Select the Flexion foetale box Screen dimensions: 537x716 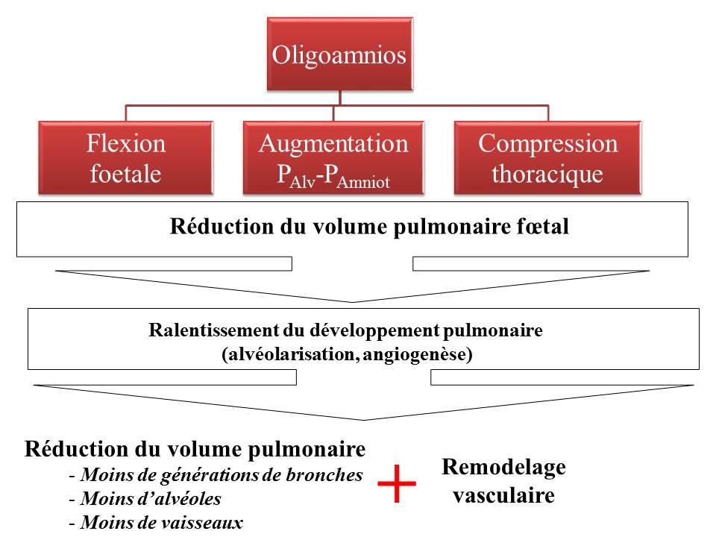tap(126, 157)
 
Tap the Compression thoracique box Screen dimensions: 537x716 tap(548, 157)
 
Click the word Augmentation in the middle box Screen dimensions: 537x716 tap(333, 143)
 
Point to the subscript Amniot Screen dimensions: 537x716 tap(363, 181)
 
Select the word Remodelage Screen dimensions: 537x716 tap(503, 468)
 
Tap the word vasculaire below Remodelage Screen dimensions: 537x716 tap(503, 495)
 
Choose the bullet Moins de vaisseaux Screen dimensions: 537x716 tap(161, 522)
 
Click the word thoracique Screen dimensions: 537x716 tap(548, 173)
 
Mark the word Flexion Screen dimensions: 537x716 tap(126, 143)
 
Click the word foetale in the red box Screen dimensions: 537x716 tap(126, 173)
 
